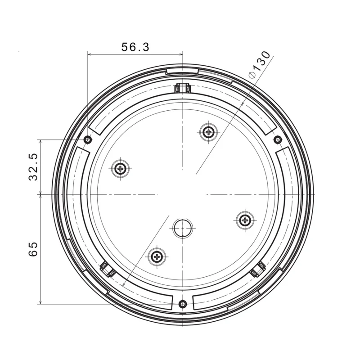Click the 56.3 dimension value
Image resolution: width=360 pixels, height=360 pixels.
pos(135,47)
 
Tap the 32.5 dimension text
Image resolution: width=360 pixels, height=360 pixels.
pos(33,167)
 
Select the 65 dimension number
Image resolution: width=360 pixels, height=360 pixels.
pos(33,249)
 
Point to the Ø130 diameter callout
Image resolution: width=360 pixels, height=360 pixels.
pos(260,65)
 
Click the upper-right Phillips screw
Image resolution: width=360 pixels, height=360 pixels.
pos(208,132)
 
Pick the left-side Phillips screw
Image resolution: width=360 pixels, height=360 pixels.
pos(120,169)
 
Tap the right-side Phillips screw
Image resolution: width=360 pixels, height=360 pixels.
pos(245,220)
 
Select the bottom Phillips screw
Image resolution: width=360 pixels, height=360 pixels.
pos(157,256)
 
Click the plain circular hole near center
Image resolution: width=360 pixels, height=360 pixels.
pos(183,228)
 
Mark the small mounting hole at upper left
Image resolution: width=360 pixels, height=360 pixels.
pos(88,139)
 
